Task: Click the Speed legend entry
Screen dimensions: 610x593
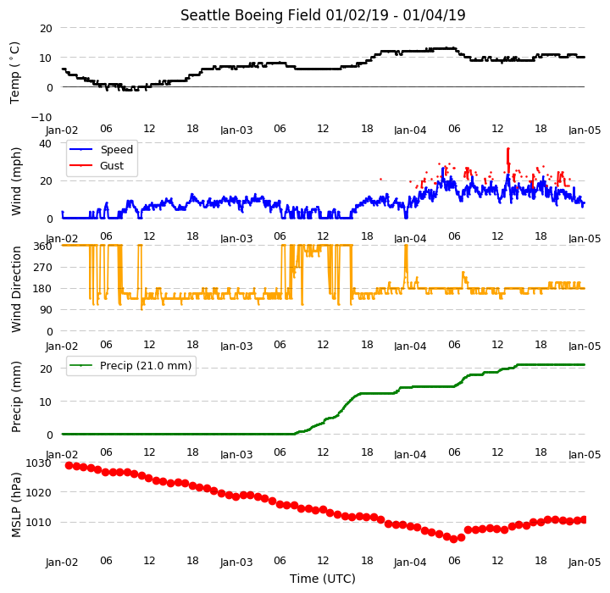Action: pyautogui.click(x=101, y=149)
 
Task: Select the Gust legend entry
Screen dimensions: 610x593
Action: pyautogui.click(x=97, y=165)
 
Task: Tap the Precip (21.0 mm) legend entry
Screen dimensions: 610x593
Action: pyautogui.click(x=130, y=365)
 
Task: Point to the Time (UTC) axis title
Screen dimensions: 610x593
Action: pyautogui.click(x=323, y=579)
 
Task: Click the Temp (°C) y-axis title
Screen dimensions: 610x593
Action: pyautogui.click(x=14, y=73)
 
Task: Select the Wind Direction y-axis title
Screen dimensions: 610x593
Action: pyautogui.click(x=15, y=289)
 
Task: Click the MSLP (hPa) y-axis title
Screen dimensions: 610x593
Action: pyautogui.click(x=15, y=505)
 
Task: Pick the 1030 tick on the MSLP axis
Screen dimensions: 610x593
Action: pyautogui.click(x=38, y=463)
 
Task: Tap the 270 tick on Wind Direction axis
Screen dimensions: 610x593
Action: pyautogui.click(x=44, y=268)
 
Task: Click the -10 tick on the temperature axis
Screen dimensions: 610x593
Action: pyautogui.click(x=42, y=117)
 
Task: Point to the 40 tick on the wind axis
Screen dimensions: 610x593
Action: pyautogui.click(x=46, y=143)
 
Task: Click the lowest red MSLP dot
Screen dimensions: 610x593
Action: pyautogui.click(x=453, y=540)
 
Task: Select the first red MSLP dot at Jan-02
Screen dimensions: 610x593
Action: pyautogui.click(x=69, y=465)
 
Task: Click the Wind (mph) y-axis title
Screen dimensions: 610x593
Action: pyautogui.click(x=15, y=181)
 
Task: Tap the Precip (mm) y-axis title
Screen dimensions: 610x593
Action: pyautogui.click(x=15, y=397)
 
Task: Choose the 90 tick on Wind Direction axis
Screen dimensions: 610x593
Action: pyautogui.click(x=47, y=310)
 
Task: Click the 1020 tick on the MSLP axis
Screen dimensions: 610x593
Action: pyautogui.click(x=38, y=492)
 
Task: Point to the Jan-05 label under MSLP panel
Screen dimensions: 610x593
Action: pyautogui.click(x=585, y=562)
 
